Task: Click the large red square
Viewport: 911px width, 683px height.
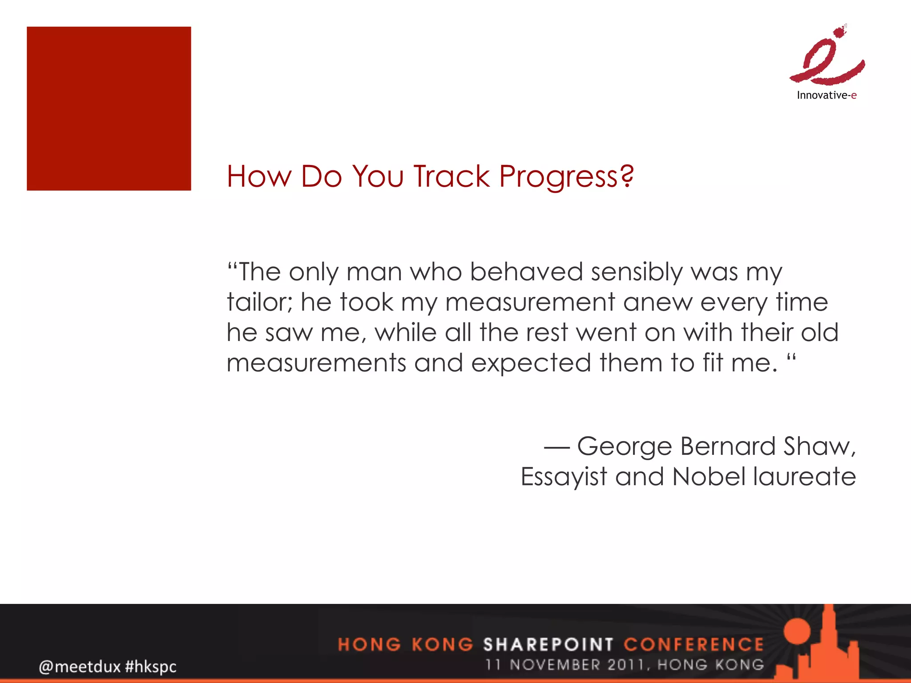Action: coord(109,109)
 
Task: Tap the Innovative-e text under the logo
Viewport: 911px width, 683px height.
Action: coord(826,95)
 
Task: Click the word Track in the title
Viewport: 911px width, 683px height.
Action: coord(451,177)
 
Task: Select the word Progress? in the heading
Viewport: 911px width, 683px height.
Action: coord(566,177)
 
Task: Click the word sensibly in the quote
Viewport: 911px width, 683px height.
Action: coord(637,272)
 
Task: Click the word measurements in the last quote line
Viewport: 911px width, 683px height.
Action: coord(316,363)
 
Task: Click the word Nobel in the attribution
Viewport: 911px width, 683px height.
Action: coord(709,477)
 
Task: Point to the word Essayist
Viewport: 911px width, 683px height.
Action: coord(564,477)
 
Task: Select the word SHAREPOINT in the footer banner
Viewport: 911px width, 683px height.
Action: coord(548,644)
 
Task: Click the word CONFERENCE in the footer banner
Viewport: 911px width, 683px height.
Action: coord(693,644)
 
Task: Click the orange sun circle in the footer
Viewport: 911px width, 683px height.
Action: coord(797,631)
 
